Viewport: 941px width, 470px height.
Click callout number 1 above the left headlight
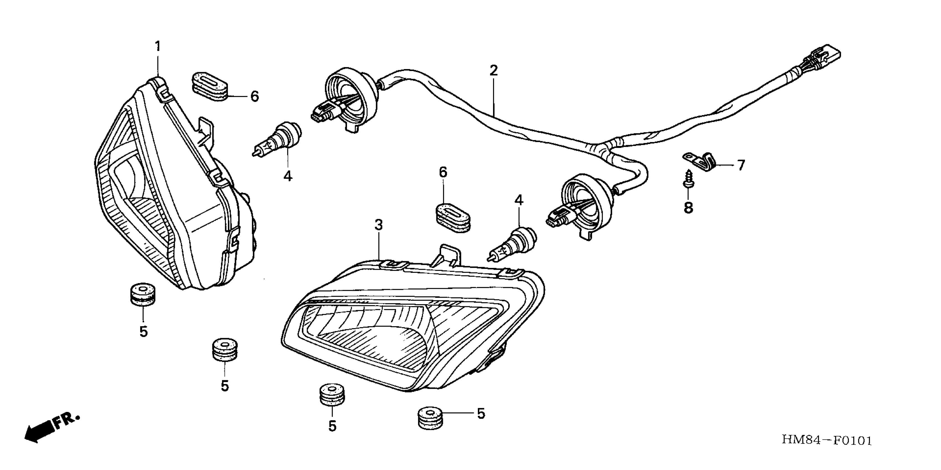[158, 46]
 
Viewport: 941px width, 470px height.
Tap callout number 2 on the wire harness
[494, 70]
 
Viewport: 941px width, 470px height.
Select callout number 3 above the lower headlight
[379, 225]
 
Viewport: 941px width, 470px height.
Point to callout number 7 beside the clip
[741, 165]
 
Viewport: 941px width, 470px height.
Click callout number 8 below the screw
[688, 208]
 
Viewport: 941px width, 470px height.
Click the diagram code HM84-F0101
[826, 440]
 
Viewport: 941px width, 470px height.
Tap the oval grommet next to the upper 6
[209, 88]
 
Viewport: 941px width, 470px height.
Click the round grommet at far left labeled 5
[142, 294]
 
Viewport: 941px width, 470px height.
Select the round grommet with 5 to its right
[430, 418]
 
